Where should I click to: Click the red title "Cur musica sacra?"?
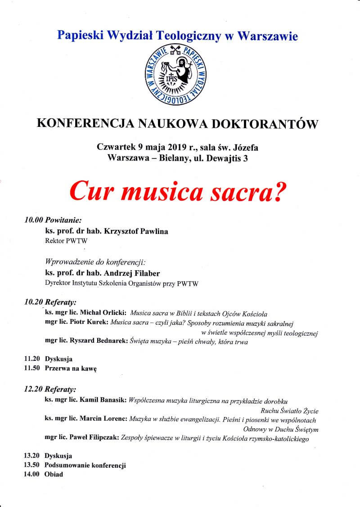click(x=178, y=191)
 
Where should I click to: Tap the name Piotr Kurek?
click(x=91, y=323)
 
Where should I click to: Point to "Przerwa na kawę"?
click(x=71, y=368)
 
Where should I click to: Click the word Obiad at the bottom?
click(x=54, y=474)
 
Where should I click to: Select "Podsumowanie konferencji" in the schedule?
click(x=85, y=465)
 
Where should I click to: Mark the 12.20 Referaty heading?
click(x=50, y=389)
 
